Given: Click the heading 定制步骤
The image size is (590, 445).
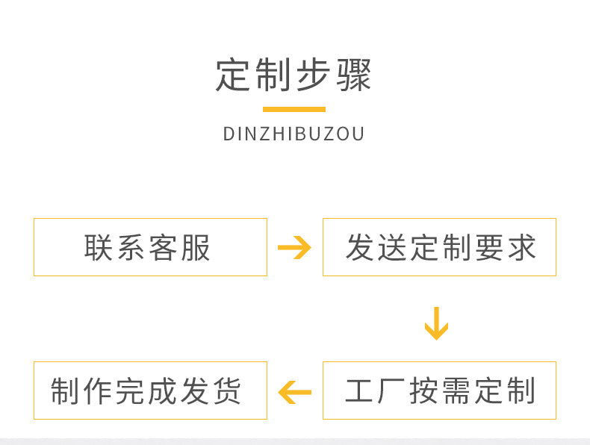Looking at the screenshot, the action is [294, 75].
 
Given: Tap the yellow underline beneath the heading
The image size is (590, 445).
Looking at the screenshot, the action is [294, 110].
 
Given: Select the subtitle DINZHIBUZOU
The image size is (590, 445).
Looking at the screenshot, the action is [294, 134].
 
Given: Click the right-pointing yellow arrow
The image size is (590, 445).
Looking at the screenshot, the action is [294, 248].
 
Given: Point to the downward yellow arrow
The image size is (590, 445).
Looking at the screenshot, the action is [436, 323].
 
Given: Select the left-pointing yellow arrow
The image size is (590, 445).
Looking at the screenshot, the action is [294, 392].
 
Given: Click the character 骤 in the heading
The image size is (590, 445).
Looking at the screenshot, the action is [354, 75].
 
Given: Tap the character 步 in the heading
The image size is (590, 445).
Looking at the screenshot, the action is [313, 75].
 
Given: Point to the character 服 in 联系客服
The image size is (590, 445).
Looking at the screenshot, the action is [195, 248].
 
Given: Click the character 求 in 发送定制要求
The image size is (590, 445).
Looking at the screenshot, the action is [522, 248].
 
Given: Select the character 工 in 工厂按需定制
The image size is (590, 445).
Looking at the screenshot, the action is [359, 390].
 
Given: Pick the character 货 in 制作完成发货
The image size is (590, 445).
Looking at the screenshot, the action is [227, 390].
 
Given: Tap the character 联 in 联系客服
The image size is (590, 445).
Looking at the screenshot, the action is [98, 248].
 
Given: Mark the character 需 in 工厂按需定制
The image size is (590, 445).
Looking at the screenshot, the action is [457, 390].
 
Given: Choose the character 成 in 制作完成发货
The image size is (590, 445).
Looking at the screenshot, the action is [162, 390].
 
